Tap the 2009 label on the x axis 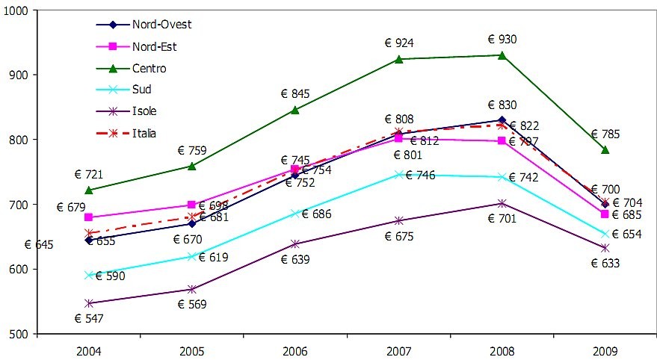[605, 350]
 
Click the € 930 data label [502, 40]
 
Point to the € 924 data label [399, 43]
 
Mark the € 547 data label [90, 318]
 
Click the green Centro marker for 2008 [502, 55]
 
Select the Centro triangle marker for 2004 [89, 190]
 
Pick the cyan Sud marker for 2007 [399, 174]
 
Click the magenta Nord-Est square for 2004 [89, 217]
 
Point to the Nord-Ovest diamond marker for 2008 [502, 120]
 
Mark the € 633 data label [605, 263]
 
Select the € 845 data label [295, 94]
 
